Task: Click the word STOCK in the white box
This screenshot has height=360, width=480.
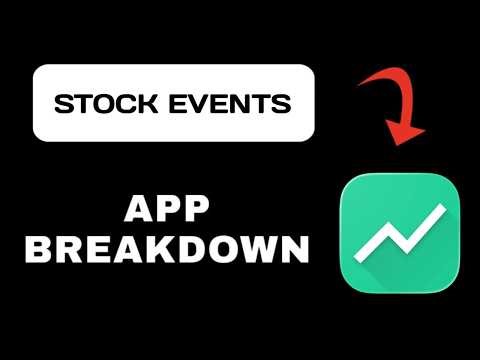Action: [96, 103]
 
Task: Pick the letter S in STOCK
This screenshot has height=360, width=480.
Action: [62, 103]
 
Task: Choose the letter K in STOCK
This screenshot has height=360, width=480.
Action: [132, 103]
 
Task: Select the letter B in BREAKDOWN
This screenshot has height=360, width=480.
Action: [37, 247]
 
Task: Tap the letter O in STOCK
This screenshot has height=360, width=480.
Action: [96, 103]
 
